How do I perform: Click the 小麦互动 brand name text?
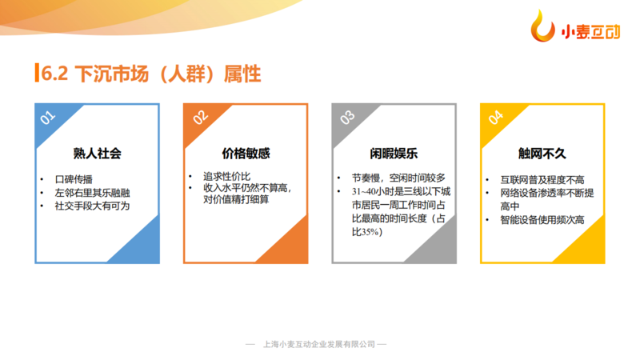(590, 31)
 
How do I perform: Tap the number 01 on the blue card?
(47, 118)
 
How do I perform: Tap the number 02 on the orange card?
(200, 118)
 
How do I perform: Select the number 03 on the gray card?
(347, 118)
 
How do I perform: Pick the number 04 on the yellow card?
(496, 118)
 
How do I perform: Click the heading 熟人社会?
(97, 154)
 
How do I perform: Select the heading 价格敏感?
(246, 154)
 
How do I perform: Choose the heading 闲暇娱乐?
(394, 154)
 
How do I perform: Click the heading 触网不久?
(542, 154)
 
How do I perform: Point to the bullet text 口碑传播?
(74, 179)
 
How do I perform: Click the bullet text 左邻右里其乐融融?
(92, 193)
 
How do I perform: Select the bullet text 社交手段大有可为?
(92, 206)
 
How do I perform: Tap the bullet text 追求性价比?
(227, 176)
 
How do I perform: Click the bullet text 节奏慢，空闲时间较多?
(398, 178)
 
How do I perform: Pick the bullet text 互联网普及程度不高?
(542, 179)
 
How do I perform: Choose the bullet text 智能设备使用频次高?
(542, 219)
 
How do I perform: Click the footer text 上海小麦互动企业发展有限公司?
(319, 345)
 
